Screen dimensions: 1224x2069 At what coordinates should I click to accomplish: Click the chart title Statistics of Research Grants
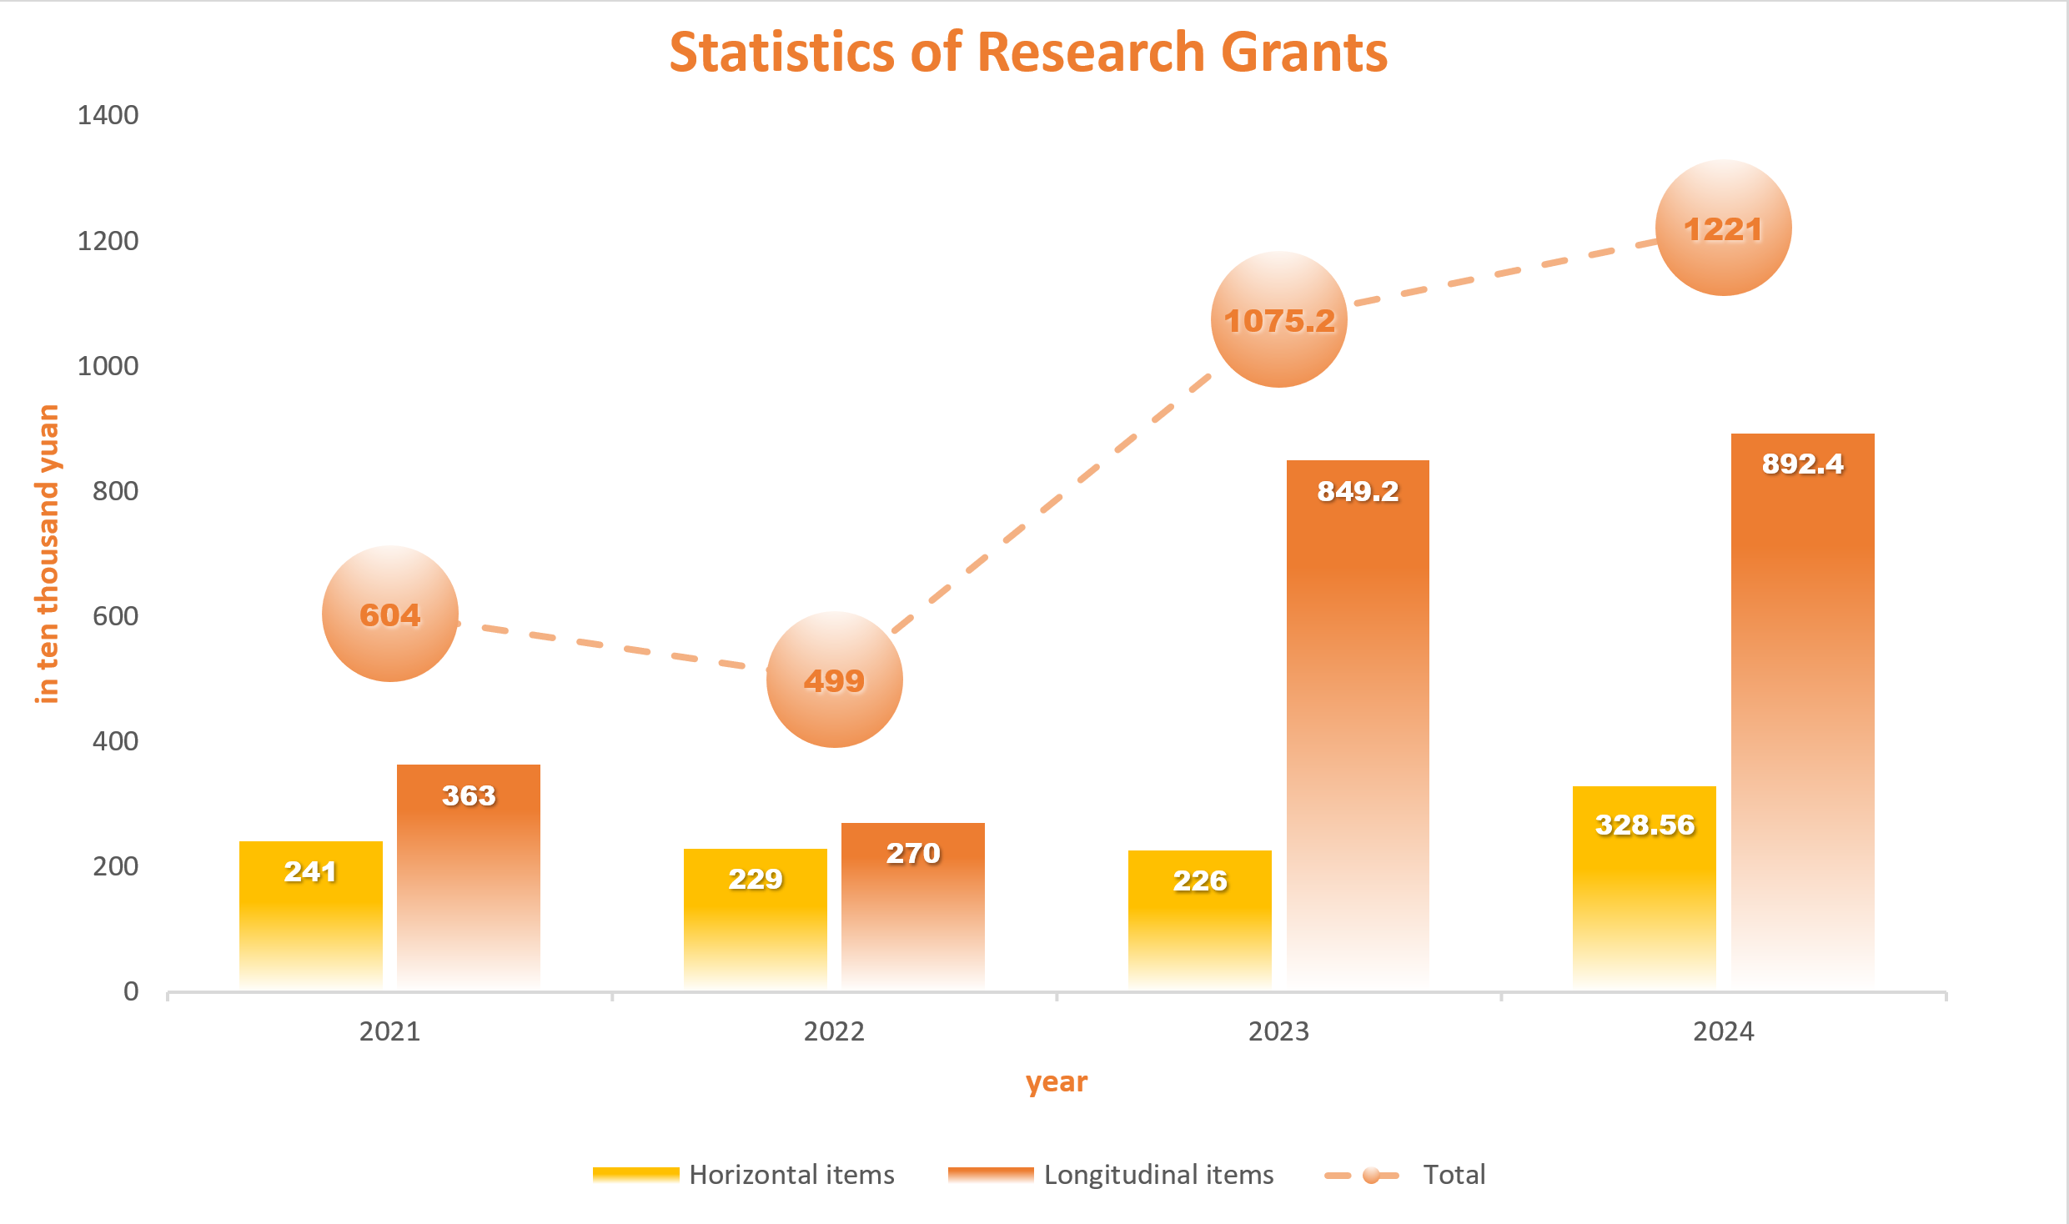point(1028,53)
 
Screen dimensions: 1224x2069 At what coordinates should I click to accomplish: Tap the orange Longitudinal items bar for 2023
point(1358,725)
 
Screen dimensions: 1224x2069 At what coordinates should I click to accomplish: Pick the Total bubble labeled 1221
point(1723,228)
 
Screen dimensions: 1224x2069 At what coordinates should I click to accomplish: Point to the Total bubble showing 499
point(834,680)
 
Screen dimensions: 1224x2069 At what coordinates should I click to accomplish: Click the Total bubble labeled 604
point(390,615)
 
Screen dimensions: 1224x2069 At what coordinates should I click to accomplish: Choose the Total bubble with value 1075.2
point(1278,319)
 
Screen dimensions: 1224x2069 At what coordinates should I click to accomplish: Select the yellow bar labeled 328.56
point(1644,888)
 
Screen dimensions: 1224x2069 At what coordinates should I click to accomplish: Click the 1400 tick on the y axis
point(108,115)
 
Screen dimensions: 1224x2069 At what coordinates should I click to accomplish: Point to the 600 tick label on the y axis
point(115,616)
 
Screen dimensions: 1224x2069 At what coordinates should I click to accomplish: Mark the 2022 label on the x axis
point(834,1031)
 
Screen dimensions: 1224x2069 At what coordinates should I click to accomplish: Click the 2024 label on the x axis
point(1723,1031)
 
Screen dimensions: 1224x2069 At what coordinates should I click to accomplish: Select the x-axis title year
point(1056,1082)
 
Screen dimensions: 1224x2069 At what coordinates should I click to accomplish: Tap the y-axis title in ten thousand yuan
point(48,554)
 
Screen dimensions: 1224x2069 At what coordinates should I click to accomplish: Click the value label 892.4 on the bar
point(1802,464)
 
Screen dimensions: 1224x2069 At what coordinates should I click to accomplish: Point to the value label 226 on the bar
point(1199,880)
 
